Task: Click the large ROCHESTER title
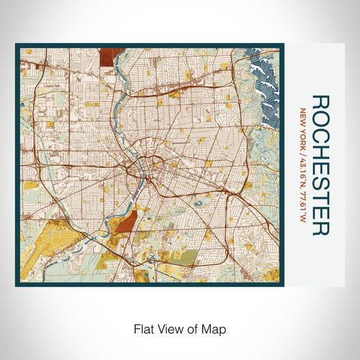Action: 319,165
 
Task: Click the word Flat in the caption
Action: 141,328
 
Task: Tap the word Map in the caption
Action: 214,328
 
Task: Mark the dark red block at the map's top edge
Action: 110,56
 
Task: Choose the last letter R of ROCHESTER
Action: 319,229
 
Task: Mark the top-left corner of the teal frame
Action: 17,45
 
